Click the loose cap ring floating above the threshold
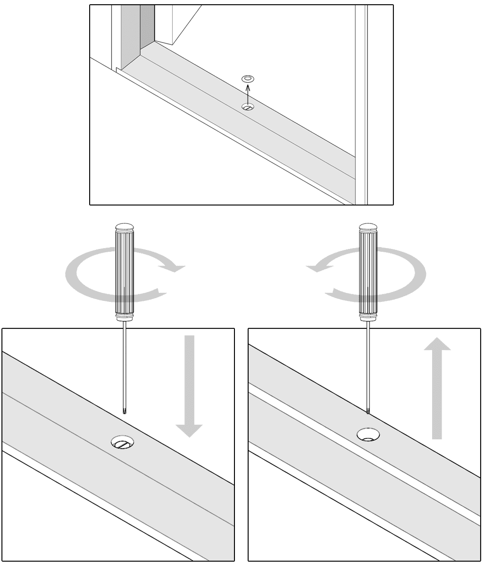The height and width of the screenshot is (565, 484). pos(247,78)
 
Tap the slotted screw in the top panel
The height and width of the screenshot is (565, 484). pos(248,107)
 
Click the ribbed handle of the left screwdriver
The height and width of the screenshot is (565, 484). pos(124,274)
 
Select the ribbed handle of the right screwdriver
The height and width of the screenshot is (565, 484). pos(368,274)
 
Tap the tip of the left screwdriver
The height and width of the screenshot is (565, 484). pos(124,412)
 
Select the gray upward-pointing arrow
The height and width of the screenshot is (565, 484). pos(437,387)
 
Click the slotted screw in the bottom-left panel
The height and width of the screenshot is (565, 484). pos(123,443)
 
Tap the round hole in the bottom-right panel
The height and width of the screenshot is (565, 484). pos(368,434)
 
